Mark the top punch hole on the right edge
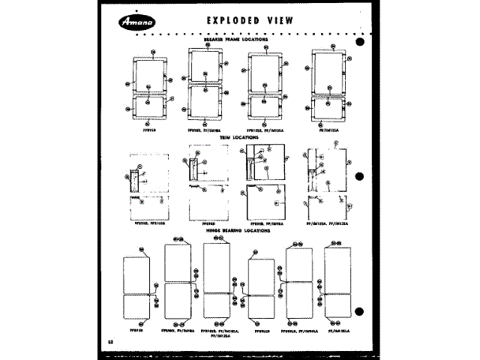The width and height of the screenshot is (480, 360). [x=360, y=42]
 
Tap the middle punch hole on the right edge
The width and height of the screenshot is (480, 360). [x=360, y=178]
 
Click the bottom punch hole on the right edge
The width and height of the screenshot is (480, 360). [x=360, y=310]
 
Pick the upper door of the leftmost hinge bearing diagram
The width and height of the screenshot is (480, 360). [x=137, y=274]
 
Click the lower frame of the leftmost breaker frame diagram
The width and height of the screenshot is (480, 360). [x=149, y=108]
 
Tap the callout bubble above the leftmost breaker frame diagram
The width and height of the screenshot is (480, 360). [x=153, y=52]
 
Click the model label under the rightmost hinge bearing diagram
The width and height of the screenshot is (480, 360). [x=337, y=329]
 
